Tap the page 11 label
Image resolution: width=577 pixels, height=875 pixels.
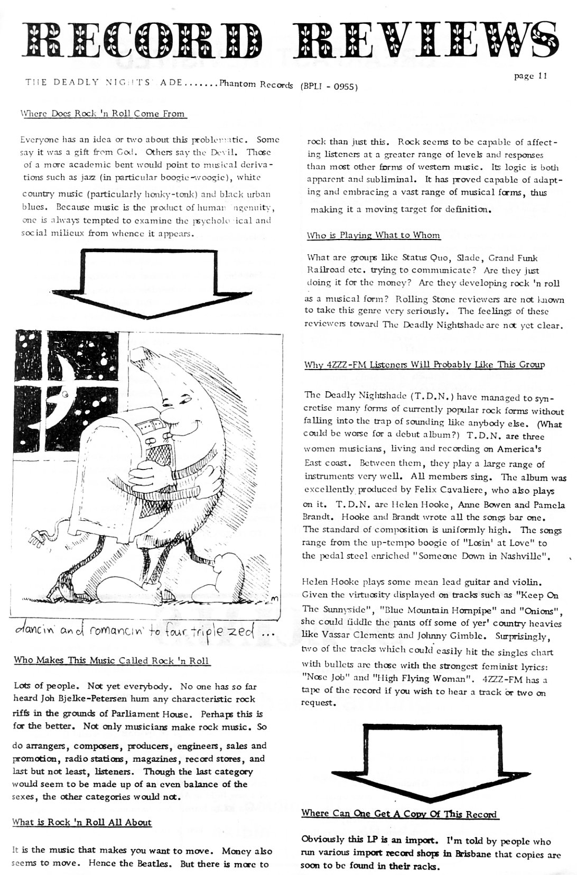530,76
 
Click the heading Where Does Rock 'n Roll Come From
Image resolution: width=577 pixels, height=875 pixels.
102,113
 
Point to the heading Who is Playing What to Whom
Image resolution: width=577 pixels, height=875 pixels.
373,235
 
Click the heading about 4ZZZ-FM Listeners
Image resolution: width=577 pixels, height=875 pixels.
424,365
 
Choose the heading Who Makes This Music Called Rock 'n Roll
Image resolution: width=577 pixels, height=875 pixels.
111,660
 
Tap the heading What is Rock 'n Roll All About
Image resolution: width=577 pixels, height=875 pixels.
82,822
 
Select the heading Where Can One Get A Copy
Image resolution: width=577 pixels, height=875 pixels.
399,813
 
